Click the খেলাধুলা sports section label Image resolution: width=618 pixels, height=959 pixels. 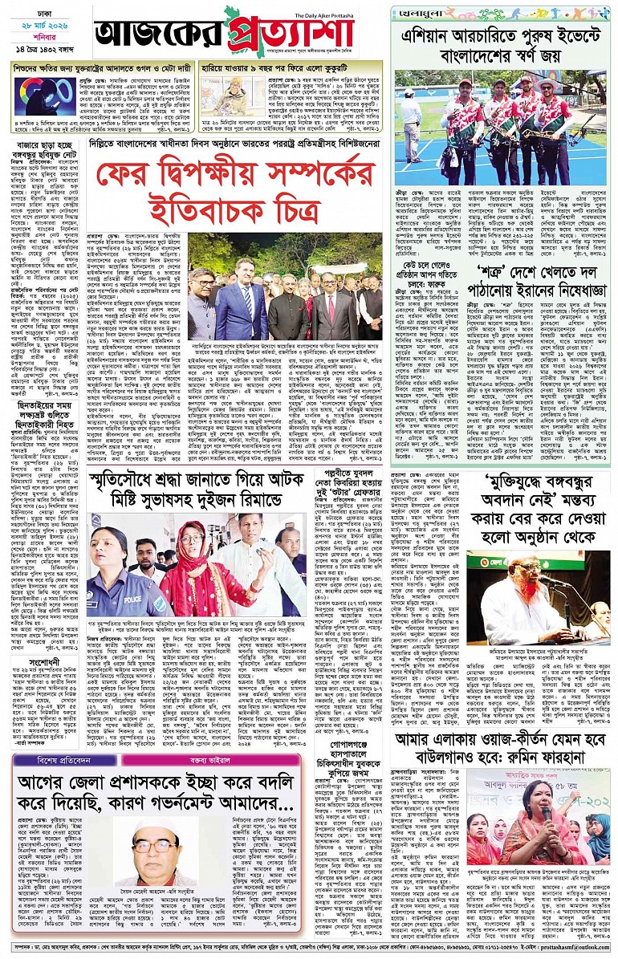tap(418, 12)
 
